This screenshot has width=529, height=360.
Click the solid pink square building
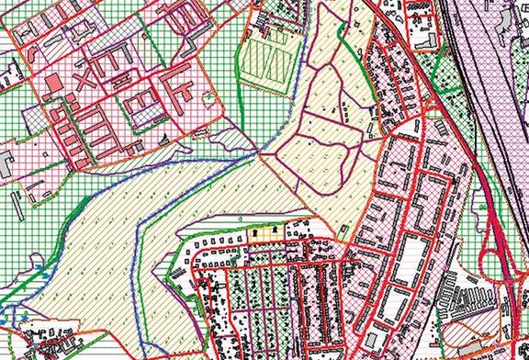coord(51,85)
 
